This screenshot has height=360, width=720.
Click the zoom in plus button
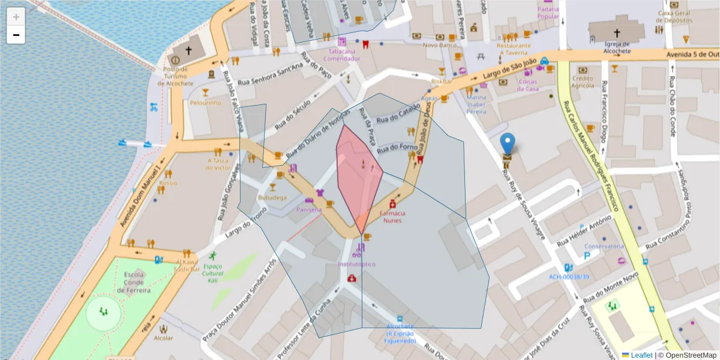pyautogui.click(x=16, y=17)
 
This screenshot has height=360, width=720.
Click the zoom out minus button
pyautogui.click(x=16, y=35)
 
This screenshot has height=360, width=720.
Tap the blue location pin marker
pyautogui.click(x=508, y=145)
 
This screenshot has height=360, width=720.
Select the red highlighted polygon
pyautogui.click(x=358, y=174)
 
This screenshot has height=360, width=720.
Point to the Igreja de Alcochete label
pyautogui.click(x=617, y=47)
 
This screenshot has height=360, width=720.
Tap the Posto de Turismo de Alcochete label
pyautogui.click(x=176, y=76)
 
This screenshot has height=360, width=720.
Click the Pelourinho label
pyautogui.click(x=206, y=103)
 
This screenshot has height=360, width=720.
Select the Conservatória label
pyautogui.click(x=604, y=247)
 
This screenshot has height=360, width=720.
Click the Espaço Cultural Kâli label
pyautogui.click(x=212, y=273)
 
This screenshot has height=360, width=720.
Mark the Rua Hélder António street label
pyautogui.click(x=580, y=234)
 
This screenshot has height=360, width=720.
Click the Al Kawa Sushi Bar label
pyautogui.click(x=187, y=266)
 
